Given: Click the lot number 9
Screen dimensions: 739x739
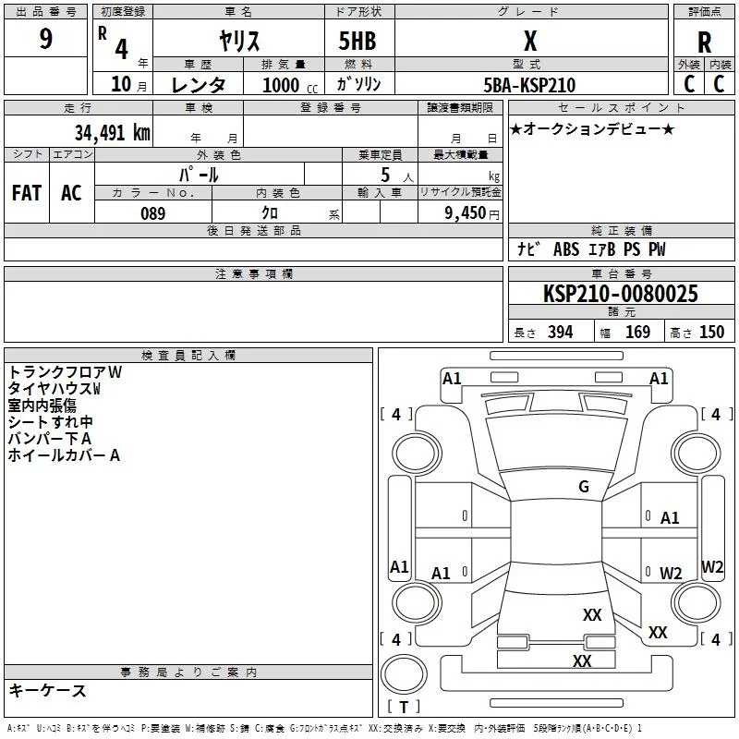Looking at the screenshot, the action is point(45,39).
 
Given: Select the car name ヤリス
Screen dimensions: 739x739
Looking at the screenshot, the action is point(239,41).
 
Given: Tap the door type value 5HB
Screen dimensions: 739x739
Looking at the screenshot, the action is point(357,41).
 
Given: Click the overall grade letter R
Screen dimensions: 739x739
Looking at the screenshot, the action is point(704,42).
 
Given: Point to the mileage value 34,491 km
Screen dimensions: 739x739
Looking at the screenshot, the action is point(112,133).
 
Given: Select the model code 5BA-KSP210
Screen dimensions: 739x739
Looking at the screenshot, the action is point(529,85).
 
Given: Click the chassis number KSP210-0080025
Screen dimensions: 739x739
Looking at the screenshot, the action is point(620,293).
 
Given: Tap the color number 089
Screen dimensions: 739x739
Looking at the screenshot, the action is point(152,213).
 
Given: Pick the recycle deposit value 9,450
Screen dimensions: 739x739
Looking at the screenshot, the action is point(466,213).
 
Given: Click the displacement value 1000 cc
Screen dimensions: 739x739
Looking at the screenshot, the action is point(290,85).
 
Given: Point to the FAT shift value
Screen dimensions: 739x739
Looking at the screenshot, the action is point(27,193).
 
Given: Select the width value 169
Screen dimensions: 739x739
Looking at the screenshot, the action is point(637,332).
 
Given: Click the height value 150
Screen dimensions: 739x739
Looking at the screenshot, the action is point(711,332).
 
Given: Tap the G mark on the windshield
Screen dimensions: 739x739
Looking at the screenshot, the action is point(584,487).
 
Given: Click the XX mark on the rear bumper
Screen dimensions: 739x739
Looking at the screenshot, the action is point(582,660).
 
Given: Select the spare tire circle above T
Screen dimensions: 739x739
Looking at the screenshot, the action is point(404,674).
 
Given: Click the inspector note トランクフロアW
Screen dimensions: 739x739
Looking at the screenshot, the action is point(65,372).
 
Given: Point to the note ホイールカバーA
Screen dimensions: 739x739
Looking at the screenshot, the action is point(64,455).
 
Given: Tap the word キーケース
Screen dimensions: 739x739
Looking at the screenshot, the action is point(48,690).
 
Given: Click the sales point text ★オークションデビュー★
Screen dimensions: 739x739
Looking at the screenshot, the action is point(592,128).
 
